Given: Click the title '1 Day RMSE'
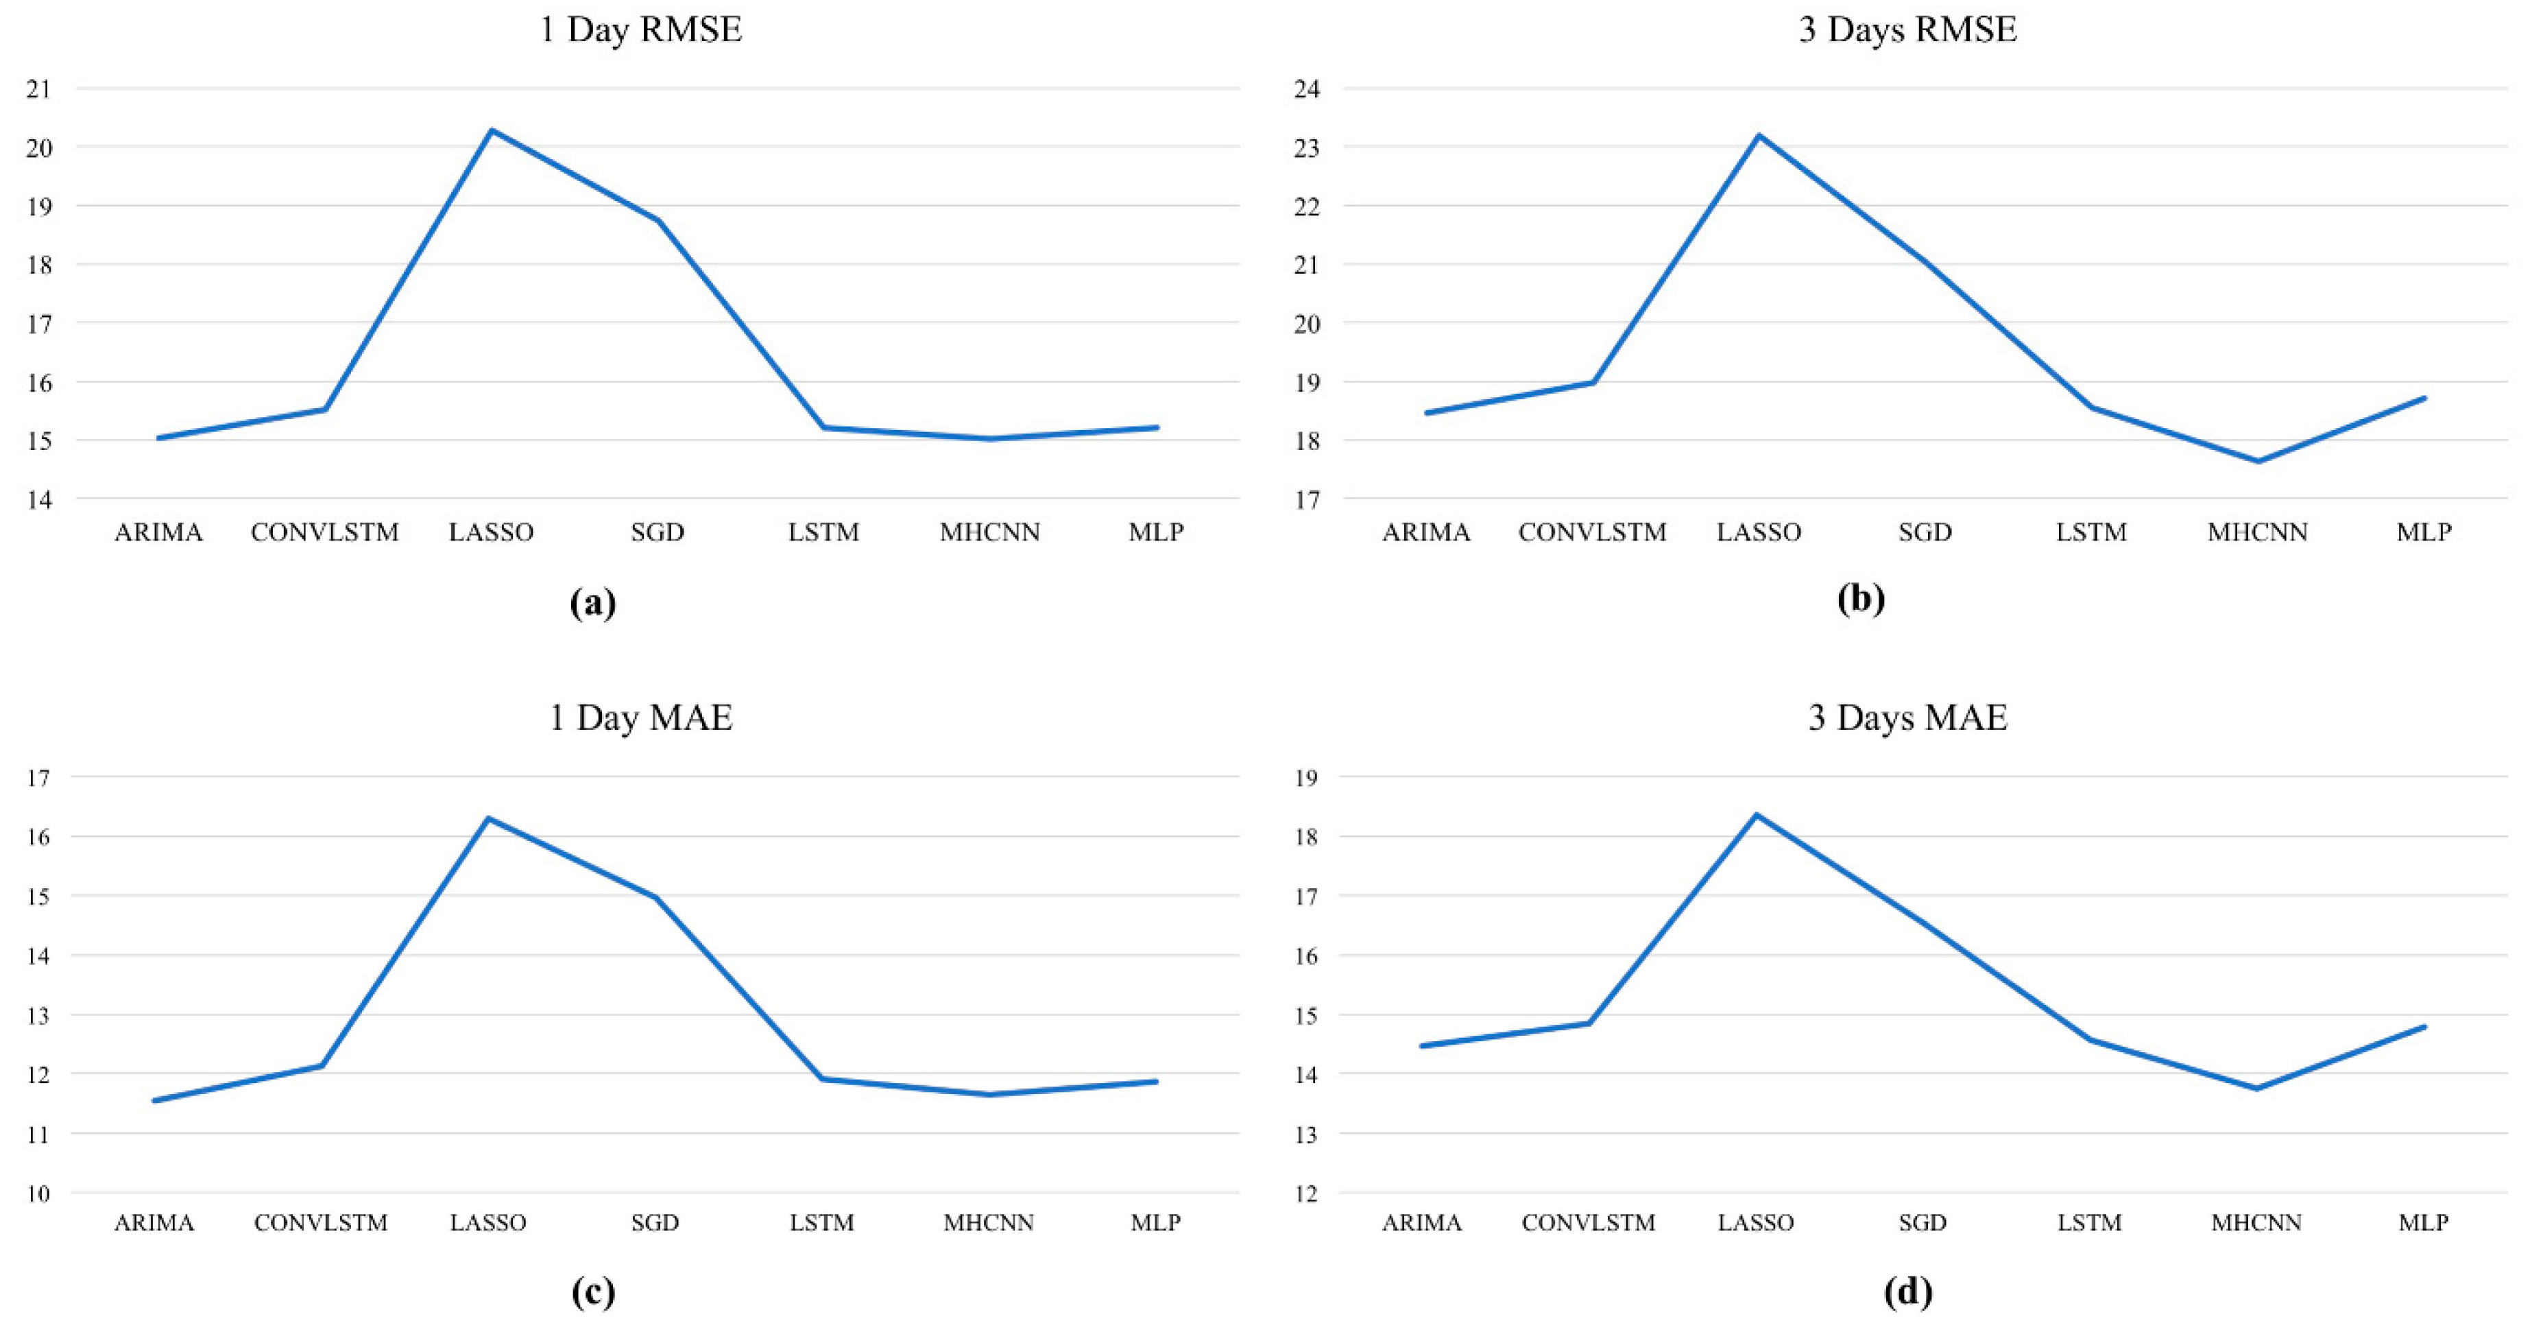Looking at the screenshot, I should click(640, 29).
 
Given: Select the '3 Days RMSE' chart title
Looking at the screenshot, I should click(1907, 29).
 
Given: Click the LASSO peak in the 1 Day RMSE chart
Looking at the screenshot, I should click(492, 130).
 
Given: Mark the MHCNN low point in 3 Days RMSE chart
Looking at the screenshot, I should click(2258, 461).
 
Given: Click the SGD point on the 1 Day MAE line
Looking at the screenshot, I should click(655, 898).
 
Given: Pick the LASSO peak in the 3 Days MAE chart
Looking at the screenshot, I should click(1756, 815).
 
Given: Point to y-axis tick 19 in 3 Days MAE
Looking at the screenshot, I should click(1306, 778).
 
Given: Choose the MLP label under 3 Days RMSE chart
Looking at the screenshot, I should click(2424, 532).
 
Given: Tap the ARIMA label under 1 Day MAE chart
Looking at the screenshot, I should click(154, 1222).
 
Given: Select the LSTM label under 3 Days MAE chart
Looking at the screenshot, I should click(2089, 1222).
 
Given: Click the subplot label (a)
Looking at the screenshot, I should click(593, 602).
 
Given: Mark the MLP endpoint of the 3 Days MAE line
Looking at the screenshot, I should click(2424, 1027).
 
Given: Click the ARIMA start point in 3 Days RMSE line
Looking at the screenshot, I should click(1427, 413).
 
